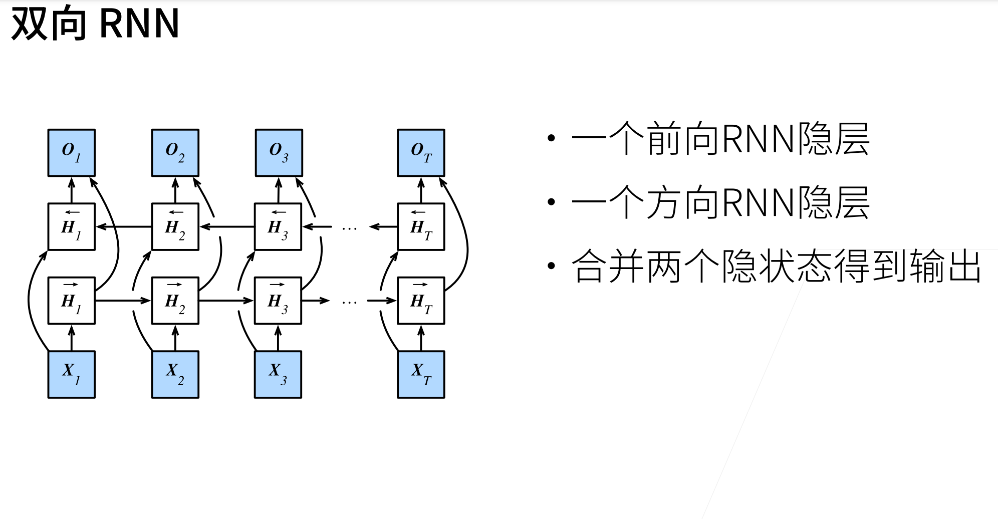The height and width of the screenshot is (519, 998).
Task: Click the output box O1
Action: pyautogui.click(x=71, y=153)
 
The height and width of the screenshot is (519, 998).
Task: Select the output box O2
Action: pyautogui.click(x=175, y=153)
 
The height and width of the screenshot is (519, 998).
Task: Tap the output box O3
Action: pyautogui.click(x=279, y=153)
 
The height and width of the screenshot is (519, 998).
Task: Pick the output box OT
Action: pyautogui.click(x=421, y=153)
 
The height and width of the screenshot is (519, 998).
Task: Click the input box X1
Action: pyautogui.click(x=71, y=374)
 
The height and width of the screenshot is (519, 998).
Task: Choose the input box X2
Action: pyautogui.click(x=175, y=374)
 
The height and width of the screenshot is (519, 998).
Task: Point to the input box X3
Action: pyautogui.click(x=278, y=374)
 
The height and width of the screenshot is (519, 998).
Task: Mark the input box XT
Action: pyautogui.click(x=421, y=374)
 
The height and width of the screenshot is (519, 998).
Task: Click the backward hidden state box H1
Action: pyautogui.click(x=71, y=226)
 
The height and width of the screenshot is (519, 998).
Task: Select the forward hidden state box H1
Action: pyautogui.click(x=71, y=301)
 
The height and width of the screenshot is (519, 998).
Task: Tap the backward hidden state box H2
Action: pyautogui.click(x=175, y=226)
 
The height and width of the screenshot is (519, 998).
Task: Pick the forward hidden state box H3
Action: pyautogui.click(x=278, y=301)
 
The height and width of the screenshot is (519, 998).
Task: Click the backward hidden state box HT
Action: pyautogui.click(x=421, y=226)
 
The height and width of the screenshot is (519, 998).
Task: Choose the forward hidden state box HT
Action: pyautogui.click(x=421, y=301)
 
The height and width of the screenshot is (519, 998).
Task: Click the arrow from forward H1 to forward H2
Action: pyautogui.click(x=123, y=301)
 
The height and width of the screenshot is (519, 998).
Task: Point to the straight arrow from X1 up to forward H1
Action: pyautogui.click(x=71, y=338)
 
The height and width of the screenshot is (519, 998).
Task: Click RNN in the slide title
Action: pyautogui.click(x=139, y=24)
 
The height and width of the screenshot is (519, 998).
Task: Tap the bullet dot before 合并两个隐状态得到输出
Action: pyautogui.click(x=552, y=266)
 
